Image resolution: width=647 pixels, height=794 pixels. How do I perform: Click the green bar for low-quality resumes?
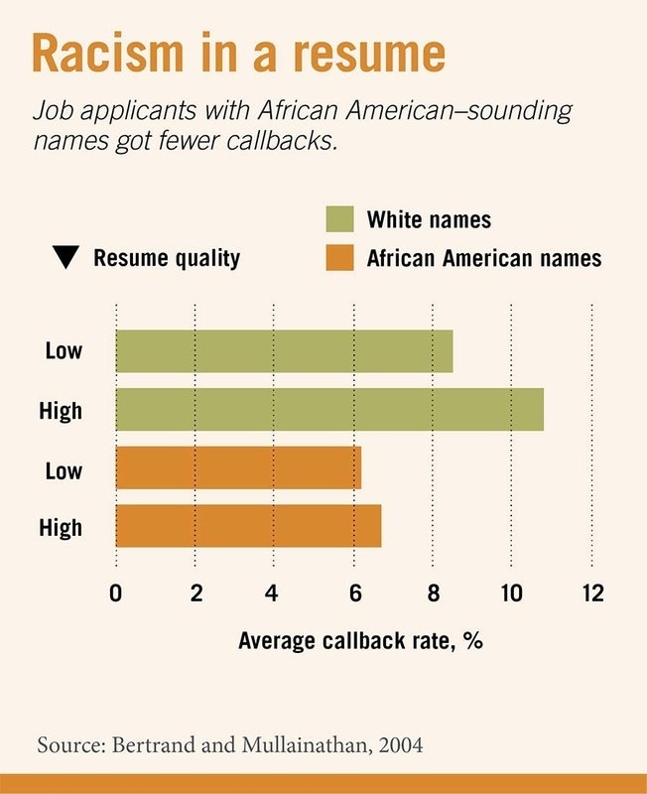(x=284, y=351)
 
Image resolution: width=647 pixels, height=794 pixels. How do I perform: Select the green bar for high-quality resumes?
(x=329, y=409)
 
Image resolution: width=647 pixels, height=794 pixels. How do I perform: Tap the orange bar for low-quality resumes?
(x=238, y=467)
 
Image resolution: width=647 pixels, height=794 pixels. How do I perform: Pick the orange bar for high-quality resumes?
(x=248, y=525)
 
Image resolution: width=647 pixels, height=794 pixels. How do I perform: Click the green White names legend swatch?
(x=339, y=218)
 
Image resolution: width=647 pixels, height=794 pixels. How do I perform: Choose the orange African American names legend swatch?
(x=339, y=258)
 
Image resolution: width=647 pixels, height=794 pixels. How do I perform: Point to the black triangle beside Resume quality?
(x=66, y=259)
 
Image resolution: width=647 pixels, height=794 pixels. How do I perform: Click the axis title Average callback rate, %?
(x=360, y=640)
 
